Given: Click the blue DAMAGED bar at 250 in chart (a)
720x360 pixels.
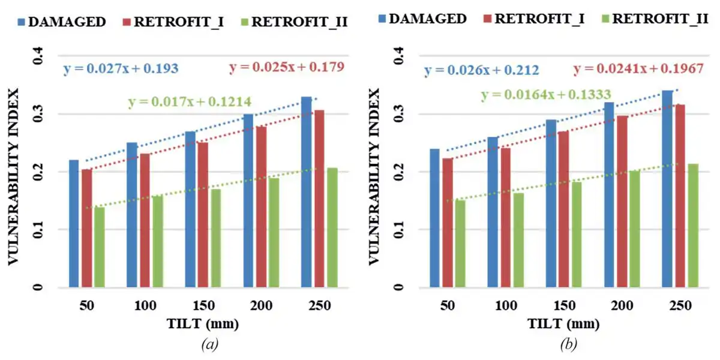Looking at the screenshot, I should point(306,192).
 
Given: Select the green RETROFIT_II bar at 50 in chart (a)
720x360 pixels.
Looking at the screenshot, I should point(99,247).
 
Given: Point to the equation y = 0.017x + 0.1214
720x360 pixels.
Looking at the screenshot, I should point(190,102).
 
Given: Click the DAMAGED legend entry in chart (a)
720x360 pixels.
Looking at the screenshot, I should point(62,22).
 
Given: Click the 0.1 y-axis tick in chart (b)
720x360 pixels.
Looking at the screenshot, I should point(399,230).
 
